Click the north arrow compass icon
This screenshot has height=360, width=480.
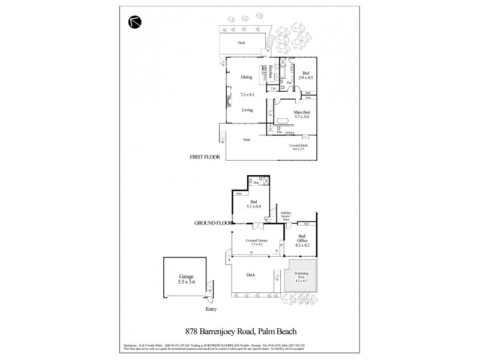[x=134, y=21]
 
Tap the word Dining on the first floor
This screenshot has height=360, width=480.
[x=247, y=77]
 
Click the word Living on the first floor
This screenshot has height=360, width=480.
[x=247, y=110]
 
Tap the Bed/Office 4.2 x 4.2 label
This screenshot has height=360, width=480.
[x=302, y=242]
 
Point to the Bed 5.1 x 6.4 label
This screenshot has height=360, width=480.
[x=254, y=204]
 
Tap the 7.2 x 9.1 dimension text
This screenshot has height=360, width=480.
[x=247, y=94]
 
